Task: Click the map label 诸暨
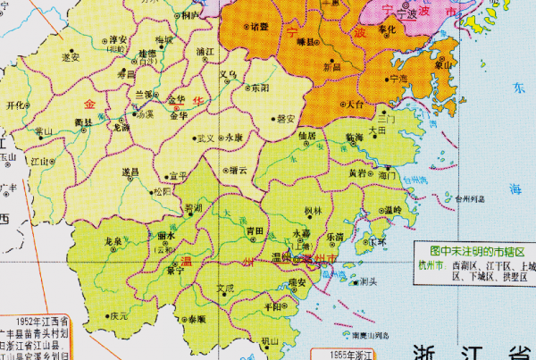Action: pyautogui.click(x=260, y=27)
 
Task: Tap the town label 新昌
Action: pyautogui.click(x=331, y=67)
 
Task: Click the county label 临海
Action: pyautogui.click(x=353, y=135)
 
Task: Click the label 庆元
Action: pyautogui.click(x=119, y=315)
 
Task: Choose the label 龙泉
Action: pyautogui.click(x=113, y=241)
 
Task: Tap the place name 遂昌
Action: pyautogui.click(x=130, y=170)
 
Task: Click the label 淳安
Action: pyautogui.click(x=117, y=40)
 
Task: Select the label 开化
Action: pyautogui.click(x=15, y=105)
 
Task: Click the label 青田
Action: pyautogui.click(x=255, y=230)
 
